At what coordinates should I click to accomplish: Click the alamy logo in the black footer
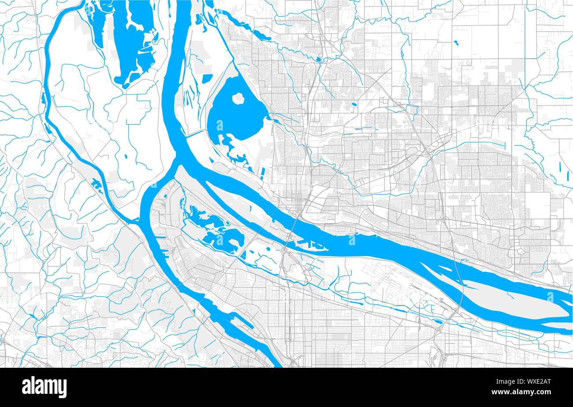click(45, 387)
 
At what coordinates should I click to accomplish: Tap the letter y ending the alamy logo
click(63, 388)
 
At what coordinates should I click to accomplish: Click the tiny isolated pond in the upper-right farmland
click(455, 43)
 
